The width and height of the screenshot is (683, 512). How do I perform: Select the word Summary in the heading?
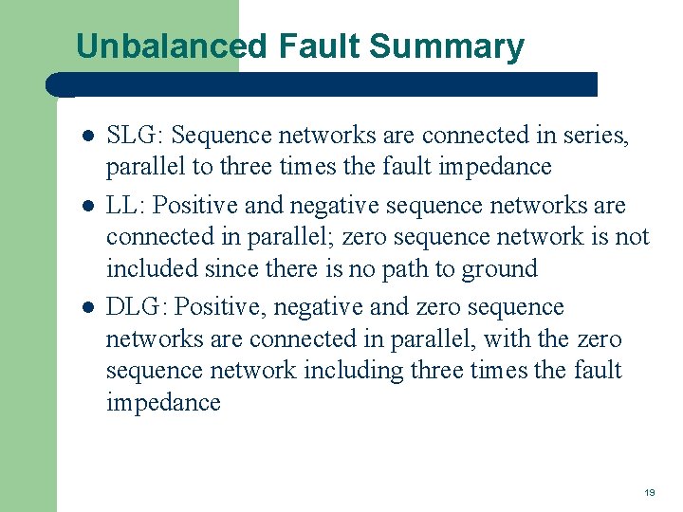pyautogui.click(x=448, y=46)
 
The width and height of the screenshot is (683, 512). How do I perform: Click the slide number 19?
pyautogui.click(x=649, y=492)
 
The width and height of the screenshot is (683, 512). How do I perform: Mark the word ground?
pyautogui.click(x=500, y=268)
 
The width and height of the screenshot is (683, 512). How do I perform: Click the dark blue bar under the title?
pyautogui.click(x=323, y=83)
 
